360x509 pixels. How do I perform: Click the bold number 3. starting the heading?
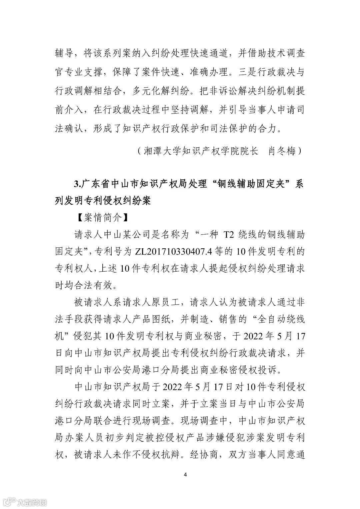pyautogui.click(x=77, y=184)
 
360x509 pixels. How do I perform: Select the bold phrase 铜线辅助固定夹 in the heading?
pyautogui.click(x=252, y=184)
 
